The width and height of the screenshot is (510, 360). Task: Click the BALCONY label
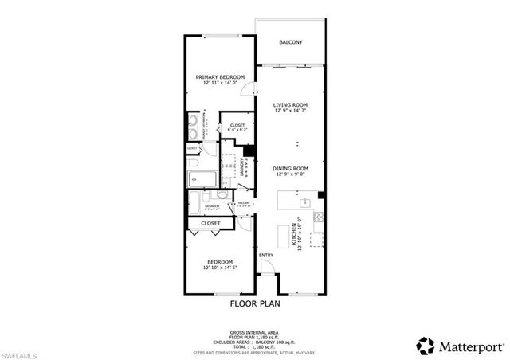point(290,42)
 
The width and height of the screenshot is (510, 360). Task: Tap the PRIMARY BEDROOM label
point(221,77)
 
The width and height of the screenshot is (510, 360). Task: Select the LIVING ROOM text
point(290,104)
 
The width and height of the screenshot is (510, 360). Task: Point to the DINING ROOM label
point(290,168)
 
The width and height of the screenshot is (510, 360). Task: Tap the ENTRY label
point(266,256)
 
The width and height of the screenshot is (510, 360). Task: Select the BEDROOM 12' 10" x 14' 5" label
point(220,265)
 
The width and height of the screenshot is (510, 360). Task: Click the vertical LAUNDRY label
point(243,168)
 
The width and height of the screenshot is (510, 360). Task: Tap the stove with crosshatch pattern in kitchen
point(318,216)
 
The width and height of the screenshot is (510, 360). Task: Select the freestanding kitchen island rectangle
point(282,237)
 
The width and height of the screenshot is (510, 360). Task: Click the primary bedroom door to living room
point(249,90)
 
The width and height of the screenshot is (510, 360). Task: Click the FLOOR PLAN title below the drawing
point(254,303)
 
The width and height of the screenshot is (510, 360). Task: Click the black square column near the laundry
point(248,152)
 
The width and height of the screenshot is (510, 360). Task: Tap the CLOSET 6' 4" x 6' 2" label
point(237,127)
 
